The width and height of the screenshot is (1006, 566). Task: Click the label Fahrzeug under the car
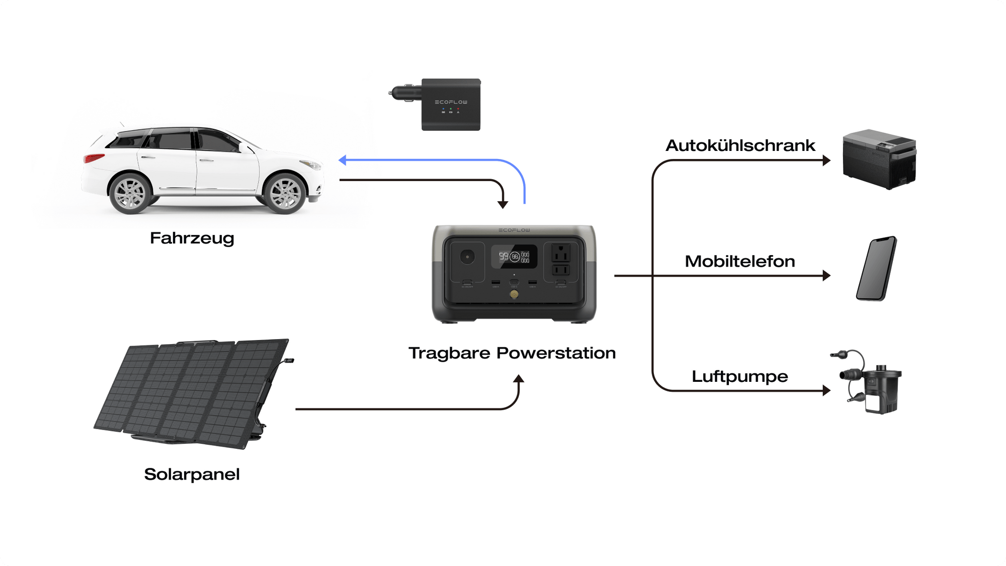192,238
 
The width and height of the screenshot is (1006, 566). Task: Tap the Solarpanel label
192,474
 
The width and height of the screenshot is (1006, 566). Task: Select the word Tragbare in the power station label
449,353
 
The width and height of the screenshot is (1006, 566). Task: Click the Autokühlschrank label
740,145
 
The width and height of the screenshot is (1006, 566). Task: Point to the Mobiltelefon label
740,261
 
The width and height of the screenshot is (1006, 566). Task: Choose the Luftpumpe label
739,376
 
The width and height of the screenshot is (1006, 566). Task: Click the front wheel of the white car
285,193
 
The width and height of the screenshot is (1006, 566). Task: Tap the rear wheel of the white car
130,193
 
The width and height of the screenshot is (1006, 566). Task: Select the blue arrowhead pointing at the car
343,160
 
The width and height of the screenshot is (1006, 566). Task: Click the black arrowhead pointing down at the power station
502,204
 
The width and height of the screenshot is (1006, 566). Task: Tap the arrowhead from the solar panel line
519,379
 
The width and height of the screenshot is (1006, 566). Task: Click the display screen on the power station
514,257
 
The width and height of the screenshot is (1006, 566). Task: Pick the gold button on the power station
514,294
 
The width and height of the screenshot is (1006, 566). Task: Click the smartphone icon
876,269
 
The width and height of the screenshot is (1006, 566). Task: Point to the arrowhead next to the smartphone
826,276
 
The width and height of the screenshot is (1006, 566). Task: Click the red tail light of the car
94,158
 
